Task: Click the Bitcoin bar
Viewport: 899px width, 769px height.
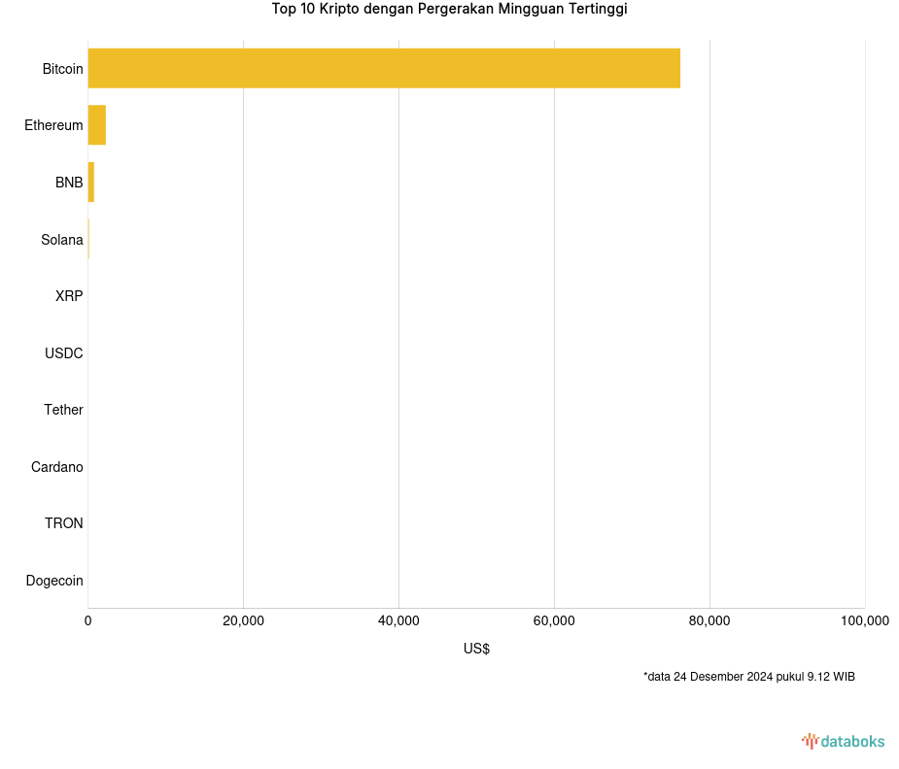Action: point(384,68)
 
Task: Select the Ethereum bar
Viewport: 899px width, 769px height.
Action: point(96,125)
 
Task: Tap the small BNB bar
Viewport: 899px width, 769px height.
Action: point(91,183)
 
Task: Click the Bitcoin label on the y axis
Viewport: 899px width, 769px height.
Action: point(62,69)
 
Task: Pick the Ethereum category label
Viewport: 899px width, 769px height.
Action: point(53,125)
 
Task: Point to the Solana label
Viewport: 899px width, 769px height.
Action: point(61,240)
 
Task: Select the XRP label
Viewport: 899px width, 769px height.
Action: point(69,296)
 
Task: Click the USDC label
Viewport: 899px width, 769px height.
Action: point(63,353)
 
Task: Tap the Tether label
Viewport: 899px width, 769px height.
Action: point(63,410)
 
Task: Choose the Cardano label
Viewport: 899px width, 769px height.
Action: point(56,467)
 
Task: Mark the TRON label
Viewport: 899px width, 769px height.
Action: point(63,523)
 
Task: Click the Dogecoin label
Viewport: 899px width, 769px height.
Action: point(54,581)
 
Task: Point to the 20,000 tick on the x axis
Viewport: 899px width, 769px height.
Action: point(243,621)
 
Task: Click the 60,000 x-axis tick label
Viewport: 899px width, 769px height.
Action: point(554,621)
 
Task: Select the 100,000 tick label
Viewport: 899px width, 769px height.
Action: point(864,621)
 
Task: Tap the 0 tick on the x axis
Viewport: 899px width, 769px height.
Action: point(88,621)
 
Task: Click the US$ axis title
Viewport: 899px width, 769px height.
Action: point(476,649)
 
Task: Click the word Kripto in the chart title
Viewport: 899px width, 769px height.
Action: point(339,10)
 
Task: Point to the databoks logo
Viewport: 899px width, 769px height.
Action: point(843,741)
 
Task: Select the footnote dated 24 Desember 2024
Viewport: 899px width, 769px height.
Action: point(748,677)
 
